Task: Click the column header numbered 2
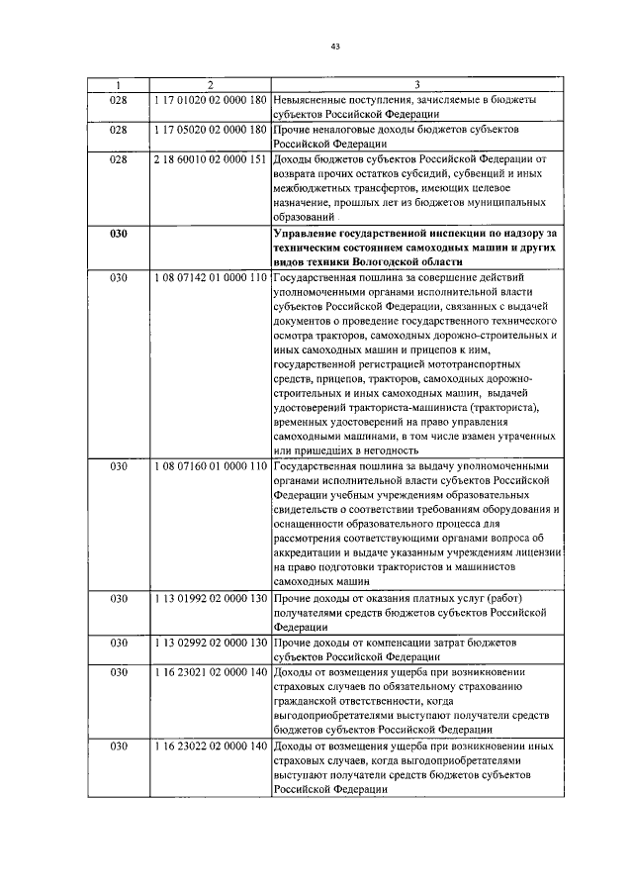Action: (x=210, y=85)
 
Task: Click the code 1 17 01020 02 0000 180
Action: (x=210, y=100)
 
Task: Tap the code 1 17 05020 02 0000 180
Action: (x=210, y=130)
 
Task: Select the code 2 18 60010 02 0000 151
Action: (x=210, y=158)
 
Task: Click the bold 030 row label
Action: (x=119, y=234)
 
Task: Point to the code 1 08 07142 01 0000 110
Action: (x=210, y=278)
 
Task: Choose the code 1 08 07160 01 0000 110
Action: (x=210, y=465)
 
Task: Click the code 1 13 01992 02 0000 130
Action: (x=210, y=598)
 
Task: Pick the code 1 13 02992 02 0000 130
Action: (x=210, y=643)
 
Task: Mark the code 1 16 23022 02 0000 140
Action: (x=210, y=745)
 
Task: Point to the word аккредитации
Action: (x=316, y=553)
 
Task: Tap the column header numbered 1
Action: (x=119, y=85)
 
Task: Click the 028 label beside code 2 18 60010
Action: (x=119, y=158)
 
